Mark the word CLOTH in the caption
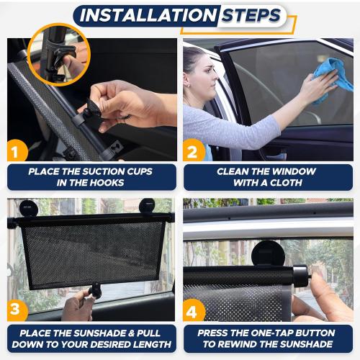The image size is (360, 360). click(287, 184)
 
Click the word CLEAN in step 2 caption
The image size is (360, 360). click(237, 172)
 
